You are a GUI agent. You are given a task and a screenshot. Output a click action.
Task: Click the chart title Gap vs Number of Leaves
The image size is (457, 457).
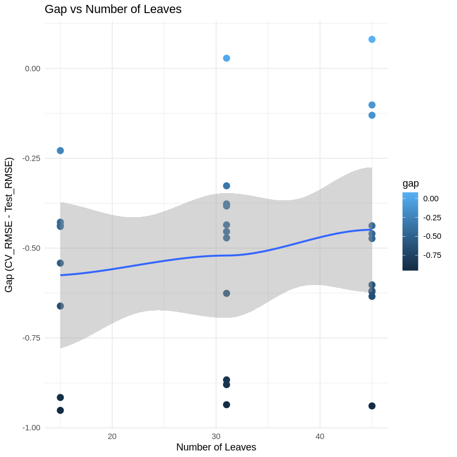(x=113, y=9)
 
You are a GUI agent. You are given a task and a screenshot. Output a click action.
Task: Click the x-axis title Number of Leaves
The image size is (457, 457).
(x=216, y=447)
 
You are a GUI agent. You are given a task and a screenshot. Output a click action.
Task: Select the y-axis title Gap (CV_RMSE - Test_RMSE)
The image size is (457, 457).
(x=9, y=225)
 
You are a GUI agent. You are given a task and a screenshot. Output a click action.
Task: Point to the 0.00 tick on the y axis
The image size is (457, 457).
(x=33, y=69)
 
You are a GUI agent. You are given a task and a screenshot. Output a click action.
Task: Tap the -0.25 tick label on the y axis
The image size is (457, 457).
(x=32, y=158)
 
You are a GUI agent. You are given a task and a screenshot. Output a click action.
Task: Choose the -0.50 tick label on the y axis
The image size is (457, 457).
(x=32, y=248)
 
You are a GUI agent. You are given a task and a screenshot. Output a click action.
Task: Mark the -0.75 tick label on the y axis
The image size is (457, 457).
(x=32, y=338)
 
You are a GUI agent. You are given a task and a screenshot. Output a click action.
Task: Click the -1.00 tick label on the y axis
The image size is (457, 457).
(x=32, y=428)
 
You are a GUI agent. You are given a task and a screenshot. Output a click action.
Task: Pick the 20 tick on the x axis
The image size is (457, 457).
(x=112, y=436)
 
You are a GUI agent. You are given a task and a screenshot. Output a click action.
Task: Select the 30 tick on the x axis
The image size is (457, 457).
(x=216, y=436)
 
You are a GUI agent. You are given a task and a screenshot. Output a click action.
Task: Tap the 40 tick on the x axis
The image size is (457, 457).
(x=320, y=436)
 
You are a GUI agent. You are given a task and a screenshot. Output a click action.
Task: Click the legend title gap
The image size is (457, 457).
(x=411, y=183)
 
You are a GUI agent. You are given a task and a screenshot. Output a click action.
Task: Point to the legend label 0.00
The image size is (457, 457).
(x=431, y=199)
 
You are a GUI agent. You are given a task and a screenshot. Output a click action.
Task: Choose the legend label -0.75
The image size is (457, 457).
(x=432, y=255)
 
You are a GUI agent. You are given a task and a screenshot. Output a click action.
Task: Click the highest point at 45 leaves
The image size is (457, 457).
(x=372, y=39)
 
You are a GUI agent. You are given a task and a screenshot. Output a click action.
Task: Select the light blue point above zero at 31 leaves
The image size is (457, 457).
(x=226, y=58)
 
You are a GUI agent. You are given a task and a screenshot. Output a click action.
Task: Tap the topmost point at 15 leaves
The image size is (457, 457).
(x=60, y=151)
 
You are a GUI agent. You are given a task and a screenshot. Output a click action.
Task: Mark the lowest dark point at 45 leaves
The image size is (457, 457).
(x=372, y=406)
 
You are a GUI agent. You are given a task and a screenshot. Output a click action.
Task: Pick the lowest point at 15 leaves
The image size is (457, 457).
(x=60, y=410)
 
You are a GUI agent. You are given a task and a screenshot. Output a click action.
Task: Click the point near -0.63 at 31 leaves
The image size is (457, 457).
(x=226, y=293)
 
